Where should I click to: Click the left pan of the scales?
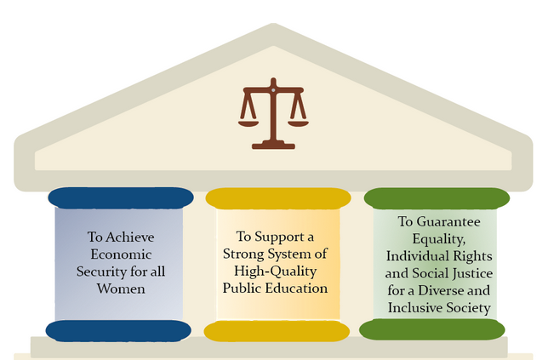248,123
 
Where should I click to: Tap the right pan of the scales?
298,123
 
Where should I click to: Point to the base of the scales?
273,146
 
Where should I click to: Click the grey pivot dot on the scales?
273,90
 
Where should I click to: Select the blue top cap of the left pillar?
121,197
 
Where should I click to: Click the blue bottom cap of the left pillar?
118,331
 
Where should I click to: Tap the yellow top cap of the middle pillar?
278,198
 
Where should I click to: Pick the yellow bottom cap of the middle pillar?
277,331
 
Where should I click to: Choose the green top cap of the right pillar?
437,198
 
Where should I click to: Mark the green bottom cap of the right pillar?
432,329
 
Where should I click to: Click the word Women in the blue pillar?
121,289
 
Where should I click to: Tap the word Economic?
121,254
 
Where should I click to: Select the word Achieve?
129,237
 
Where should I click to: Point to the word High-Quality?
276,271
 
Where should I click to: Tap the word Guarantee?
448,221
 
